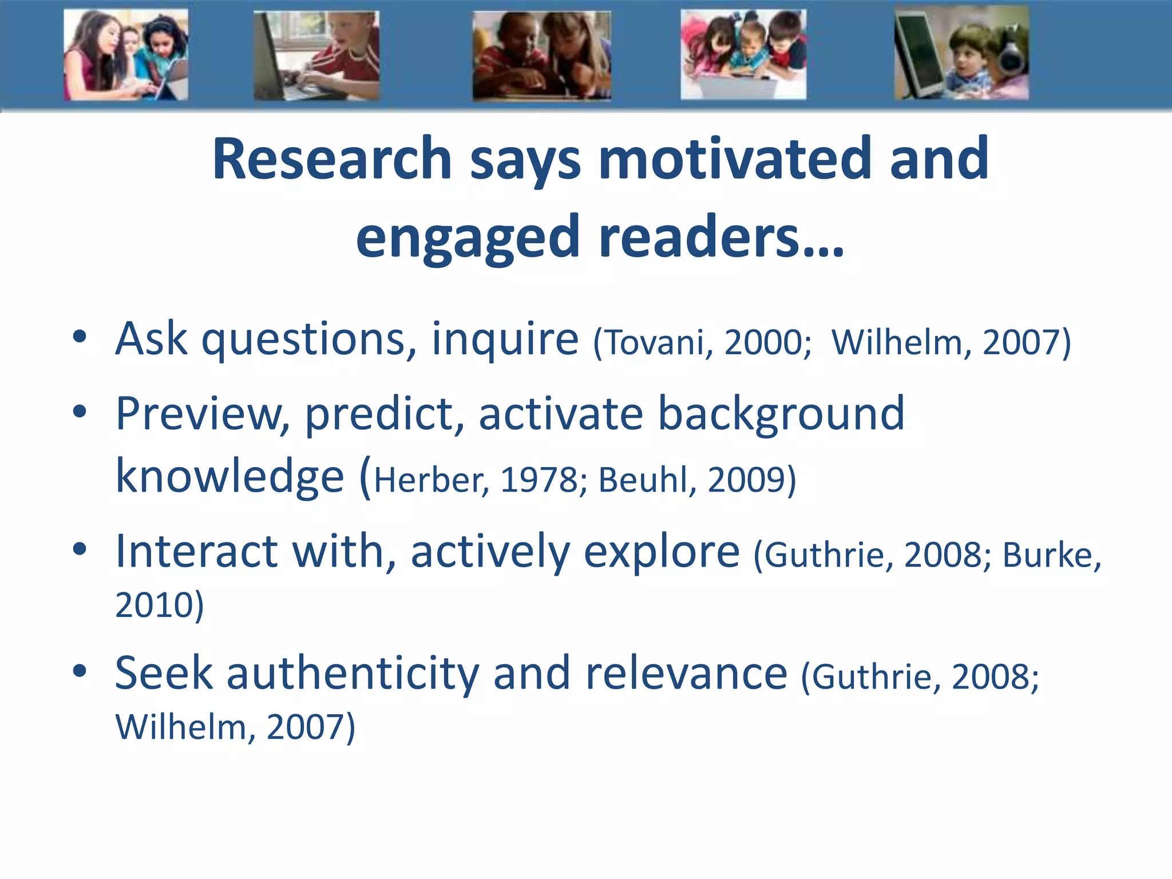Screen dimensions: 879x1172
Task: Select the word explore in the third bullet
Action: tap(662, 552)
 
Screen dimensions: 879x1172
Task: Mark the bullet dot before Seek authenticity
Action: tap(80, 670)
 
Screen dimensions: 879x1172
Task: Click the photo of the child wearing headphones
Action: tap(961, 54)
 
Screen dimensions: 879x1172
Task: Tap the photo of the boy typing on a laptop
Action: tap(316, 56)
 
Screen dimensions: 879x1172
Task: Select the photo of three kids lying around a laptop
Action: tap(743, 54)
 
